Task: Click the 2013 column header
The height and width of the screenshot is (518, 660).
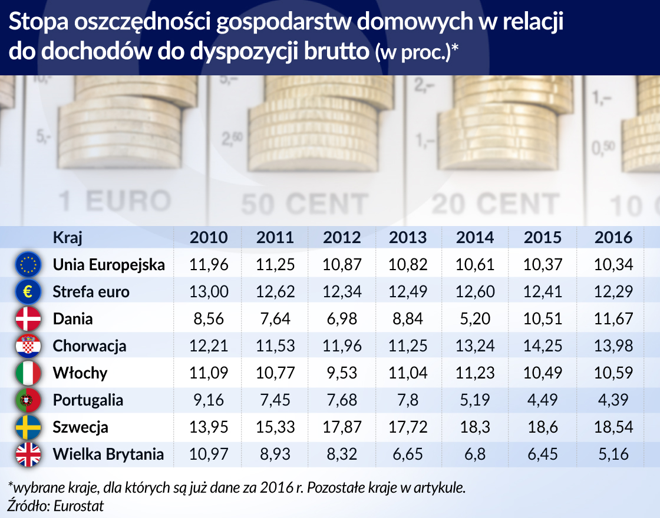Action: pos(408,237)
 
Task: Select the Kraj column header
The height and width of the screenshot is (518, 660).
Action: pos(67,237)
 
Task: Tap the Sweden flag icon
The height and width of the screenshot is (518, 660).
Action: pos(28,427)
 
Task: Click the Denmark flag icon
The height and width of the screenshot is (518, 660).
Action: pos(28,318)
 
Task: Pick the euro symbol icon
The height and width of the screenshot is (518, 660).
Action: pos(28,291)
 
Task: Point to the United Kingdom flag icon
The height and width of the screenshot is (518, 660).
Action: pos(28,454)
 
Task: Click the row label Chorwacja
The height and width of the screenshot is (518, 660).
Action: pos(90,346)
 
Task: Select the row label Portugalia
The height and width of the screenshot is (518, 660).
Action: pos(88,400)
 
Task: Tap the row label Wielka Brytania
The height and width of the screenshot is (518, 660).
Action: pos(108,454)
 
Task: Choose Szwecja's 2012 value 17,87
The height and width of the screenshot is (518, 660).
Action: pos(342,427)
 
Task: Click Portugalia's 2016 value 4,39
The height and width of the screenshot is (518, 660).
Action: pos(613,400)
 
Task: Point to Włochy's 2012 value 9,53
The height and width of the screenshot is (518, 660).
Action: pos(342,373)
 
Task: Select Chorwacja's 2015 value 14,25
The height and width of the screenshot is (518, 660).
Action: pos(543,346)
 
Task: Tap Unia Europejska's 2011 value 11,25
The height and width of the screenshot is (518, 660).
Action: pos(275,264)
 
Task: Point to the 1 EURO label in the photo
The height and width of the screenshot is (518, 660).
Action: pos(115,201)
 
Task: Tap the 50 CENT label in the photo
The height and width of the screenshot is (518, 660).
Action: pos(305,204)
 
